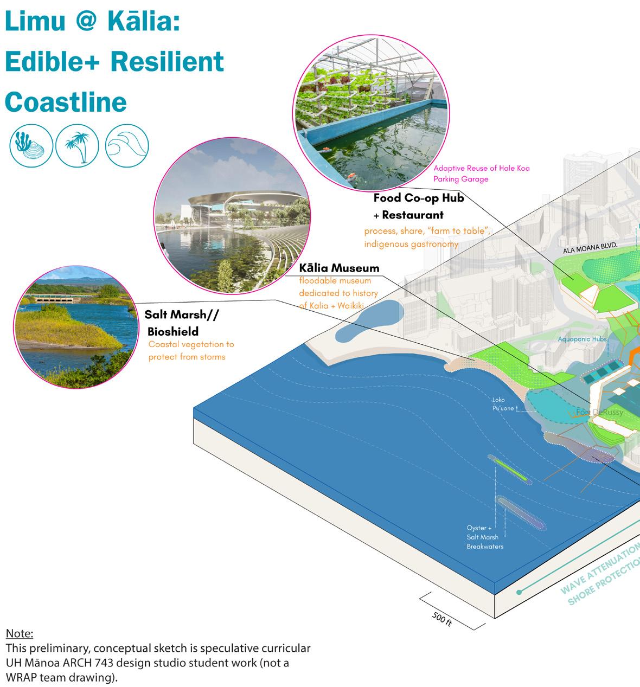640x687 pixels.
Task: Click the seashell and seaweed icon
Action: pos(31,145)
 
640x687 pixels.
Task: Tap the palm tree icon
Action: pos(78,145)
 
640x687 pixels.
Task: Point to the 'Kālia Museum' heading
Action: pos(339,268)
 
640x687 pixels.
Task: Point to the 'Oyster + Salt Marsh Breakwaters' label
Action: pos(485,537)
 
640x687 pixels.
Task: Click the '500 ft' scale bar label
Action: pos(442,619)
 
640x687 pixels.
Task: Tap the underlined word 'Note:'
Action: pos(20,633)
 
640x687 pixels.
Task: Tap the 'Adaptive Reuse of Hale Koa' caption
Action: pos(481,168)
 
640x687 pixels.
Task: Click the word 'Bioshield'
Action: pos(173,331)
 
